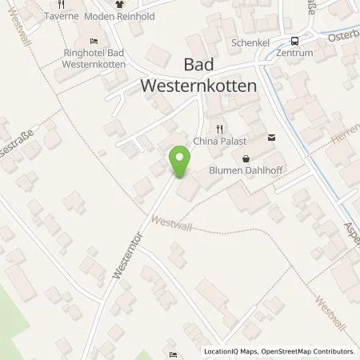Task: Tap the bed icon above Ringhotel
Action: tap(94, 42)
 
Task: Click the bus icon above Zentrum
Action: tap(295, 42)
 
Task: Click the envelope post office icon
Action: tap(270, 138)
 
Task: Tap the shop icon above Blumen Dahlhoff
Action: tap(246, 158)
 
